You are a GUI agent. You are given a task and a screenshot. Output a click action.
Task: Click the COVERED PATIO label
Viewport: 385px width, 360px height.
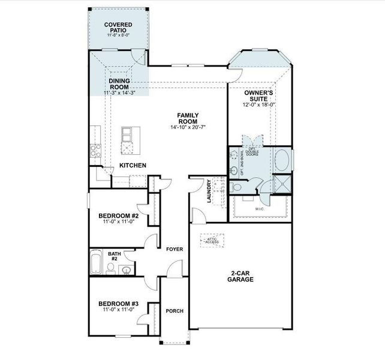point(118,28)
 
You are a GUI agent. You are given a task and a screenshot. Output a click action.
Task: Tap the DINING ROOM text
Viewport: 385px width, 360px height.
point(119,83)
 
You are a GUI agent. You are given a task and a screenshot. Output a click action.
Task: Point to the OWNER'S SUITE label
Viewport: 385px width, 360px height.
point(259,96)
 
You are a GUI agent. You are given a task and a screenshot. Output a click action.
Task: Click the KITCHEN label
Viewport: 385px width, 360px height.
point(133,165)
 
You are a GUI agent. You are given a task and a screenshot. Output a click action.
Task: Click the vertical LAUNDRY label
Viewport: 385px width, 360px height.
point(209,191)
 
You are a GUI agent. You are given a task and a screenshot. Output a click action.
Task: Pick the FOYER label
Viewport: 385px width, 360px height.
point(174,248)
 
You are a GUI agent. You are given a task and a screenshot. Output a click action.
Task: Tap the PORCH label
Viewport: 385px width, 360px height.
point(174,311)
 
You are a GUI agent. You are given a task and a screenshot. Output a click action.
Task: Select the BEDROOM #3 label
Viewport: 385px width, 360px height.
point(118,304)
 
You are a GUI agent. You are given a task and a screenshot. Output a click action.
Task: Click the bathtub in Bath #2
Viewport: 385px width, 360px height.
point(96,263)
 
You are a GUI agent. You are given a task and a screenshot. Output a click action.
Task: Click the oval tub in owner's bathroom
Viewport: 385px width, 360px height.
point(282,161)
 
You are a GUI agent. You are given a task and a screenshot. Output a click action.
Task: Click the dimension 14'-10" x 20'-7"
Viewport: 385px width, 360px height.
point(188,127)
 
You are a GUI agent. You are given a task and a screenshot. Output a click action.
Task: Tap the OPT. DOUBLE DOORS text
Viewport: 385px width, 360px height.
point(251,151)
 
